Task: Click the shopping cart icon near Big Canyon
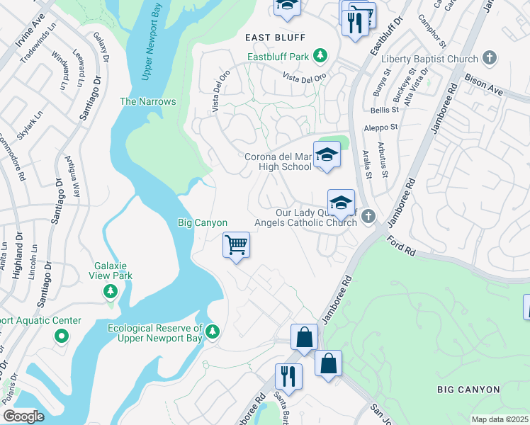pos(237,245)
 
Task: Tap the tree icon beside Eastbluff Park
pos(320,55)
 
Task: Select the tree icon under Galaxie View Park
pos(111,291)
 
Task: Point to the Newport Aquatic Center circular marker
pos(62,337)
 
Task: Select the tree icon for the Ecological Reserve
pos(213,331)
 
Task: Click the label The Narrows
pos(147,101)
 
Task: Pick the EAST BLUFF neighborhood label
pos(265,38)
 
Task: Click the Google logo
pos(23,416)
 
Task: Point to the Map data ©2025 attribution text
pos(500,419)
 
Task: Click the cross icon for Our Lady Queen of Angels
pos(367,216)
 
